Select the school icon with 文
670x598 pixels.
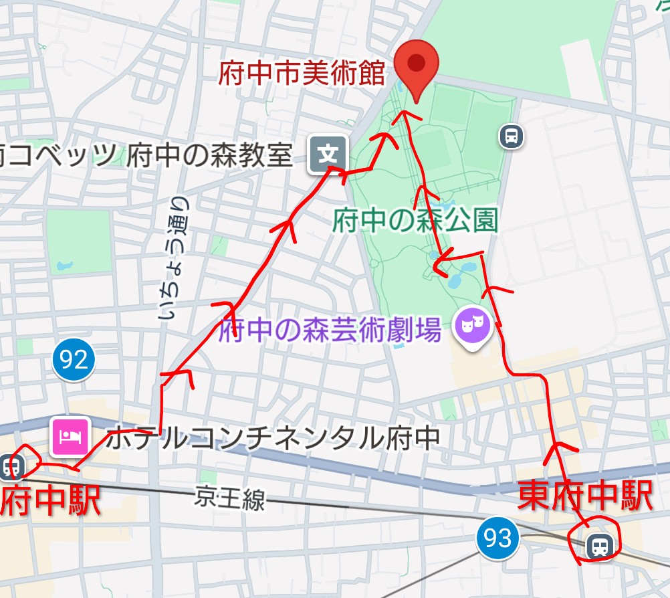click(x=328, y=155)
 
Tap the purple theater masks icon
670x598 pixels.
click(x=473, y=326)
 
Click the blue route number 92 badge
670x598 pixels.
click(x=74, y=361)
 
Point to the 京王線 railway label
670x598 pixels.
click(x=230, y=499)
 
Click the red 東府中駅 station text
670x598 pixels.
click(x=585, y=497)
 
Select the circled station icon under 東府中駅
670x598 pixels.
click(x=598, y=546)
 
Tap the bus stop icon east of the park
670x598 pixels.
click(x=512, y=137)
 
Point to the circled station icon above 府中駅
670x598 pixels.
click(x=11, y=465)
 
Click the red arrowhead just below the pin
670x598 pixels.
click(x=404, y=115)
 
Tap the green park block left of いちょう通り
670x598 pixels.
click(x=79, y=241)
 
